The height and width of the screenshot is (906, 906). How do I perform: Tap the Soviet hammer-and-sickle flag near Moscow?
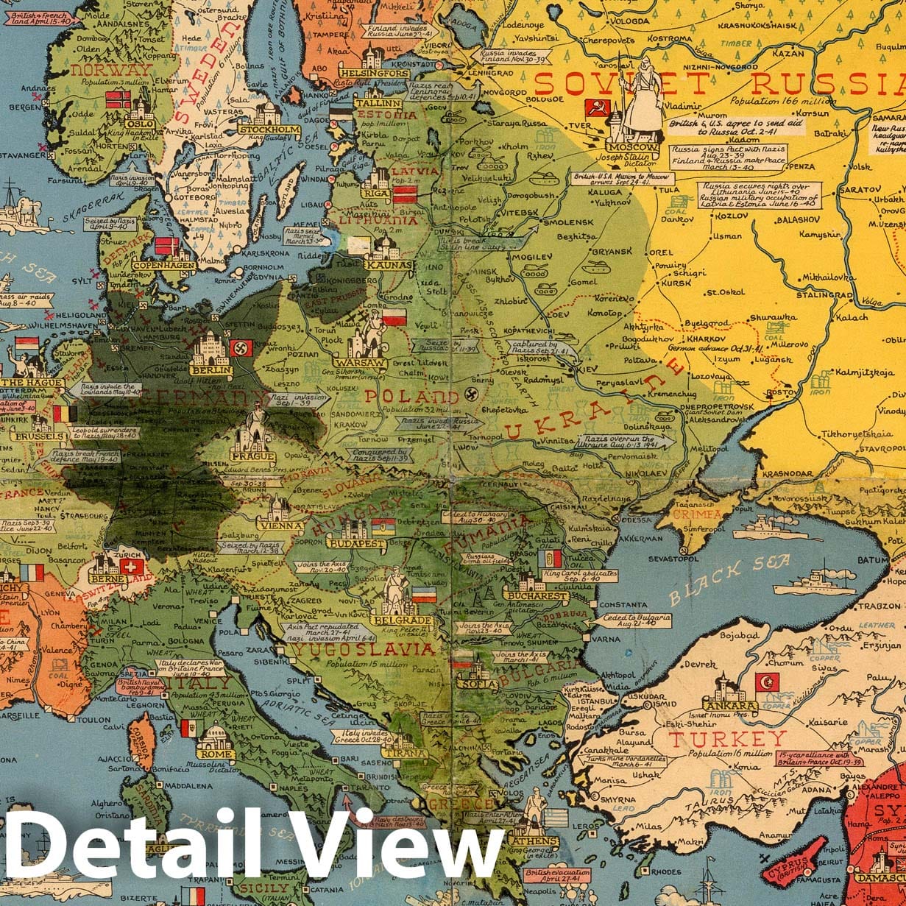(x=597, y=108)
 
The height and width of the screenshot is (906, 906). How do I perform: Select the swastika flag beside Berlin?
(x=241, y=347)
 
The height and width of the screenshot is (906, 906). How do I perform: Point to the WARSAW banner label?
(x=359, y=363)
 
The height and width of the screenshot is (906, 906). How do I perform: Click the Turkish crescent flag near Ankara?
(x=767, y=682)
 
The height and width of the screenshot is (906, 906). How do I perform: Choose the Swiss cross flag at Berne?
(x=132, y=567)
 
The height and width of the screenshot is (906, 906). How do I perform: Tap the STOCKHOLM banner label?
(x=269, y=130)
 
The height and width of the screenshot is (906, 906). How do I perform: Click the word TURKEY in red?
(x=727, y=739)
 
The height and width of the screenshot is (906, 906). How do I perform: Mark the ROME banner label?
(x=215, y=753)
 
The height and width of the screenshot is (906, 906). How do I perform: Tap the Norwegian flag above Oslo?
(x=118, y=99)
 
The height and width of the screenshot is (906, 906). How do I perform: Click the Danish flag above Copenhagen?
(x=166, y=246)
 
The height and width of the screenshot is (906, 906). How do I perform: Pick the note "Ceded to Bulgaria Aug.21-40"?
(x=640, y=620)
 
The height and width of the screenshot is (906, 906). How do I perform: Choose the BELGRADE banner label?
(x=402, y=620)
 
